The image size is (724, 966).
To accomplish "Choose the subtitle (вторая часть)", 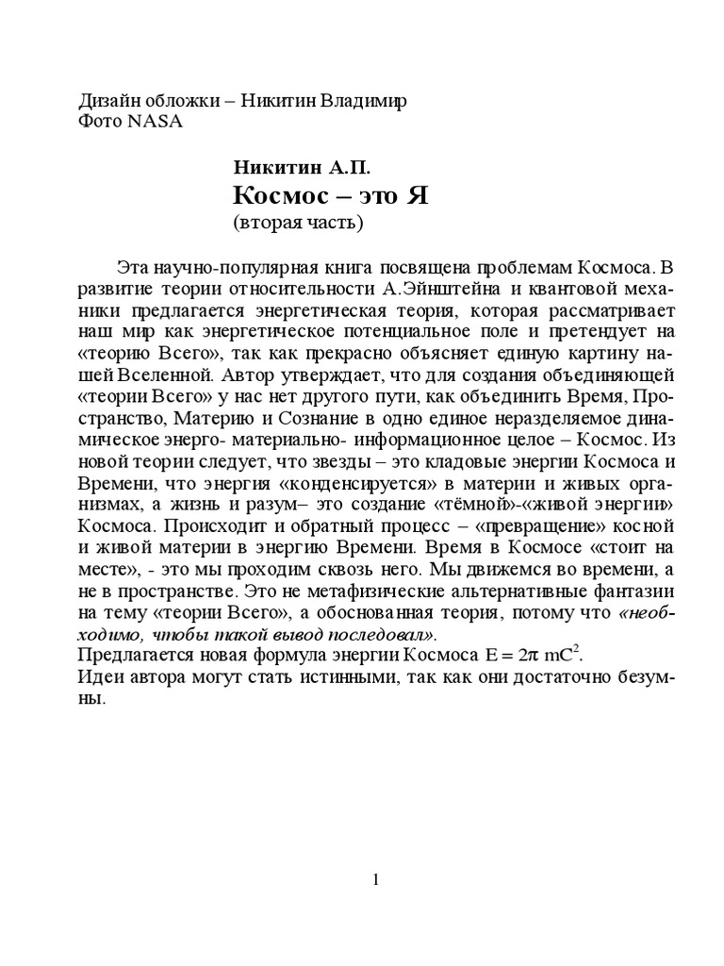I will pyautogui.click(x=296, y=225).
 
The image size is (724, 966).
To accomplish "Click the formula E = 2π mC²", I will pyautogui.click(x=521, y=655).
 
